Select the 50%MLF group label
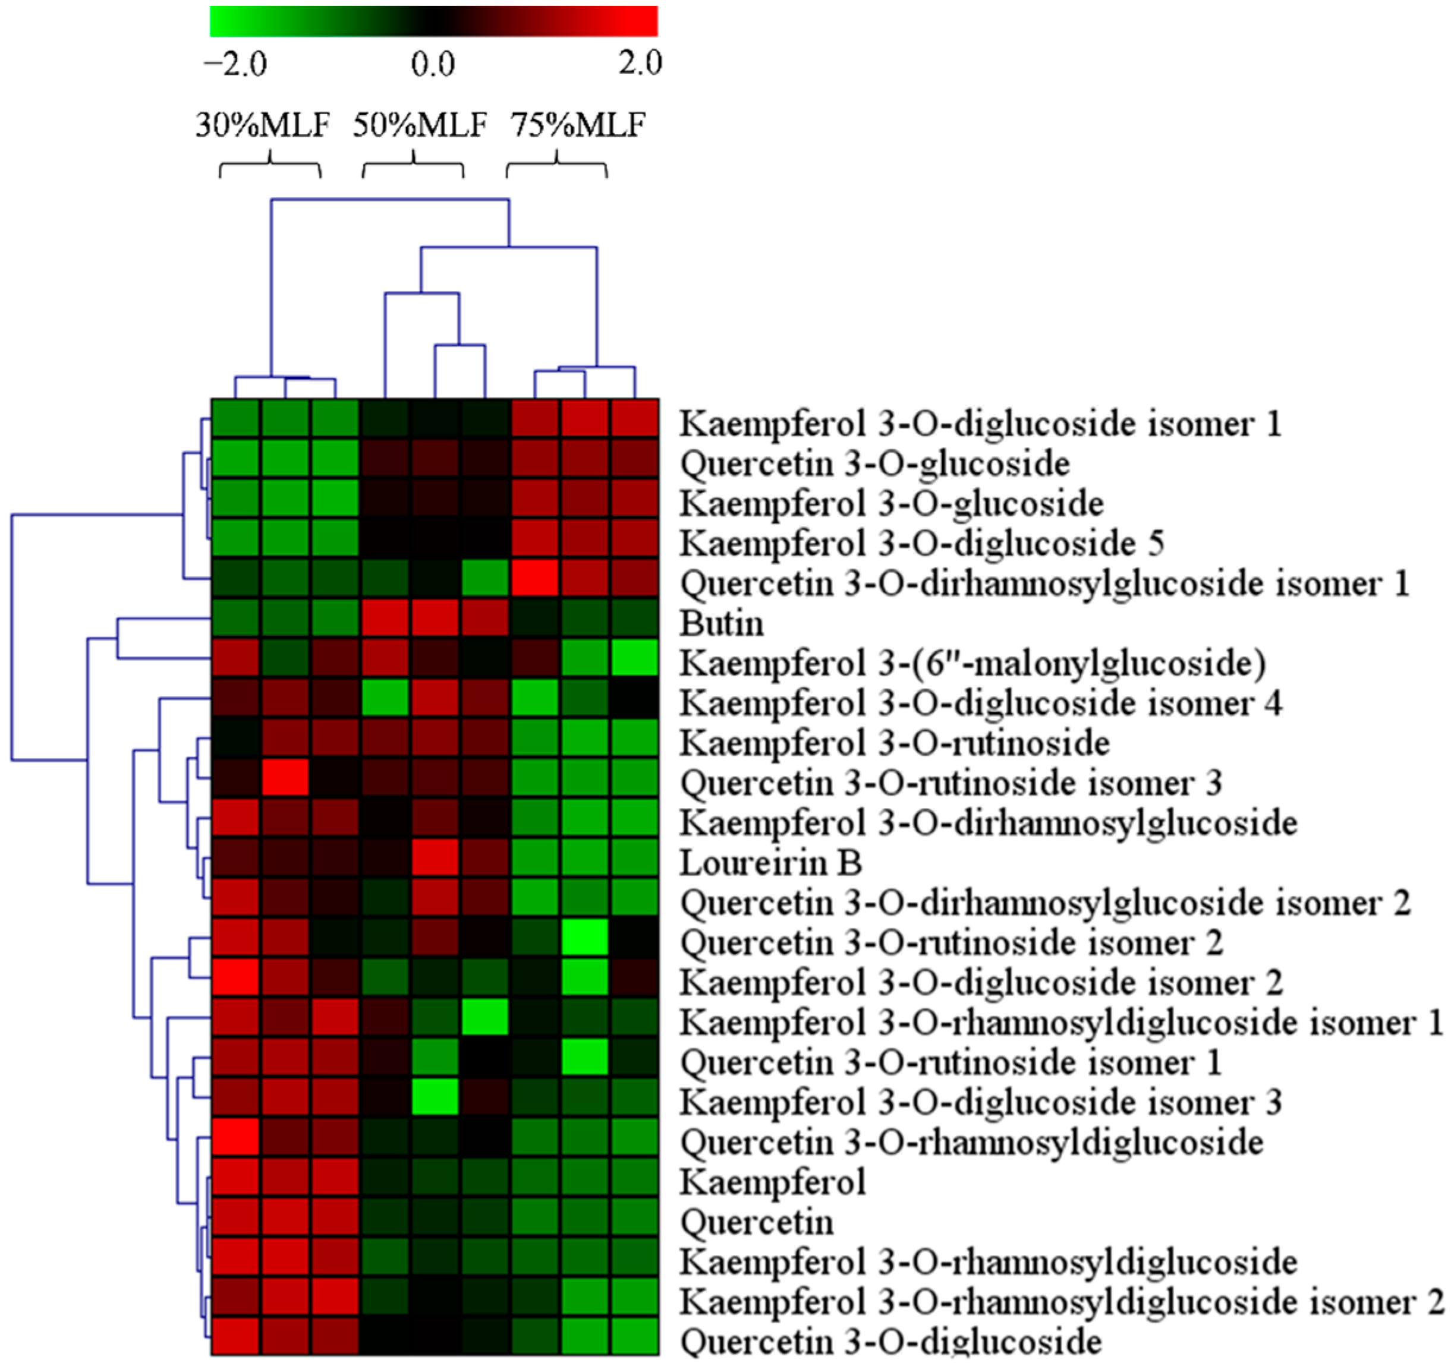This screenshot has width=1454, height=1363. point(420,124)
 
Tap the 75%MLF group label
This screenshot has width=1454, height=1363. point(578,124)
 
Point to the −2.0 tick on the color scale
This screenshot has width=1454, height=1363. point(235,64)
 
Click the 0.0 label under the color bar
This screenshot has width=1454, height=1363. point(432,64)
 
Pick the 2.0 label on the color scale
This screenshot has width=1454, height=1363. point(639,64)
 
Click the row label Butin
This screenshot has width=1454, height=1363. point(721,624)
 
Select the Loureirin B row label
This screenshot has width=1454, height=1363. point(771,863)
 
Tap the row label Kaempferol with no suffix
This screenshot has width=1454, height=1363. point(772,1182)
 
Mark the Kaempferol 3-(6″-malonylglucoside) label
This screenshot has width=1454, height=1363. point(973,663)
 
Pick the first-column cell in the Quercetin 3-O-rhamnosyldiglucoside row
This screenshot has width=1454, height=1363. point(235,1138)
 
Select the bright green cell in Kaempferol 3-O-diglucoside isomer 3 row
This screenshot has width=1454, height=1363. point(435,1097)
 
